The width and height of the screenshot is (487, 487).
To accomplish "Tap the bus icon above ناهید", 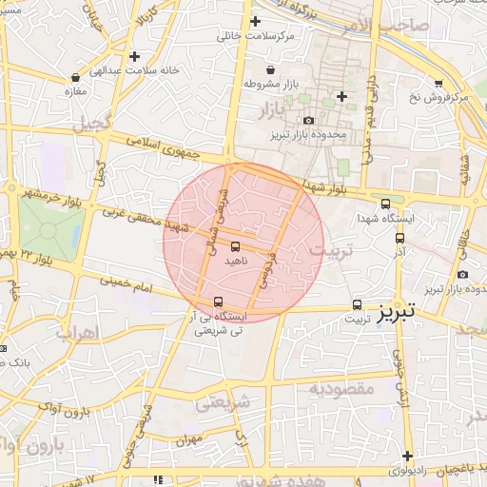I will pos(235,246).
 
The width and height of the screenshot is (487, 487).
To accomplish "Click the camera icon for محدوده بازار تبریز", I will pos(309,120).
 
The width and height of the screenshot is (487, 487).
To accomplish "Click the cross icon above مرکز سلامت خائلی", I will pos(254,21).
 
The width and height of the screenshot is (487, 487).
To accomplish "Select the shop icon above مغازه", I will pos(75,77).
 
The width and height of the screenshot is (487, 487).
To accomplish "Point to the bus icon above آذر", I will pos(399,240).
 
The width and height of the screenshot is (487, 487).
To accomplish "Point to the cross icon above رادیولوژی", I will pos(407,456).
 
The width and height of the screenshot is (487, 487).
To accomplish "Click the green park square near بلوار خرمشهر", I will pos(51,223).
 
